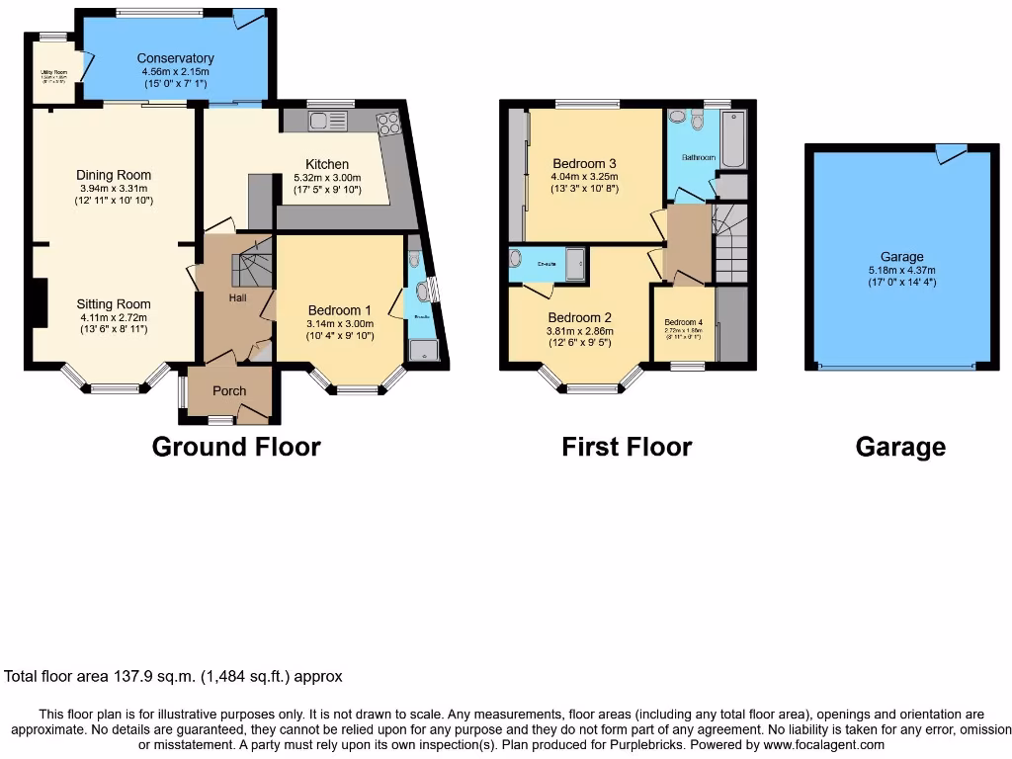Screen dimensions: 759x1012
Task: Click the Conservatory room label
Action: (177, 58)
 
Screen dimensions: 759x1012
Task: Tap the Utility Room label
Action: (53, 72)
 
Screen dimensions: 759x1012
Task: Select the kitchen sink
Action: (325, 121)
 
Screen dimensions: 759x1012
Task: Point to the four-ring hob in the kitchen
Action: (387, 123)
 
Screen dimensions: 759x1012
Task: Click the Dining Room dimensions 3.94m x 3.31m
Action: (114, 189)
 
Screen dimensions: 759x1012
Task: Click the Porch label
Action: (229, 391)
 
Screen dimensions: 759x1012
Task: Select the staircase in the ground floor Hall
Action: (249, 271)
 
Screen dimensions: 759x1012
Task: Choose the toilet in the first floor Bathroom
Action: (698, 121)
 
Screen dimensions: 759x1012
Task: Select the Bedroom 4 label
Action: (683, 323)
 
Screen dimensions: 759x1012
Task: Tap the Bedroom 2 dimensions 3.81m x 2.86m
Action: (580, 331)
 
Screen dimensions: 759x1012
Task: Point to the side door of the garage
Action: (951, 153)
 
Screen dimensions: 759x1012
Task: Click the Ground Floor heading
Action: (236, 447)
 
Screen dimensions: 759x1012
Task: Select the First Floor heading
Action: (627, 447)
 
